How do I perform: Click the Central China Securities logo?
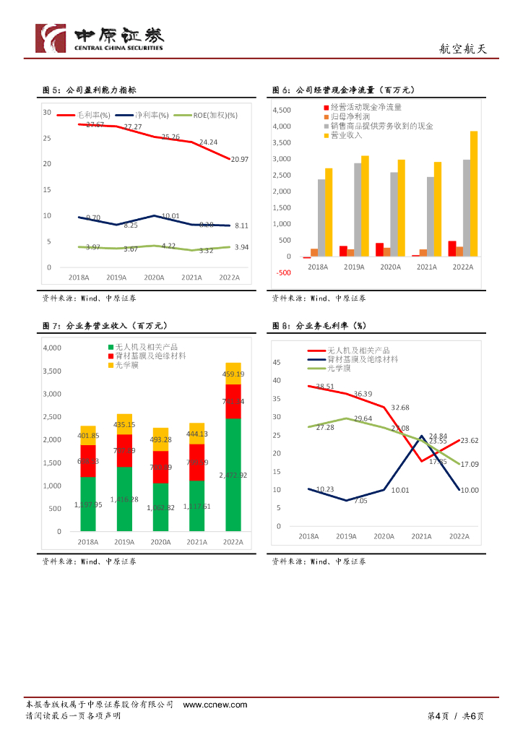pos(100,38)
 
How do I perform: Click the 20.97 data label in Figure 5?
pos(239,159)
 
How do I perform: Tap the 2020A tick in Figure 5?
pos(153,277)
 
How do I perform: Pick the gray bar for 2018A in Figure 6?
pos(321,218)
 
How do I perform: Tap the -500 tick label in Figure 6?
pos(283,272)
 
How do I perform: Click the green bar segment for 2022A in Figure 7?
pos(233,474)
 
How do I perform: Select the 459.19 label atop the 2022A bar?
pos(233,374)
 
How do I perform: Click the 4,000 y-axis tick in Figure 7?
pos(53,348)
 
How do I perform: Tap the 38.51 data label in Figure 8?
pos(326,387)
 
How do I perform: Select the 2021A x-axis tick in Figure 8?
pos(422,536)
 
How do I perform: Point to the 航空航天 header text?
pos(464,49)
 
